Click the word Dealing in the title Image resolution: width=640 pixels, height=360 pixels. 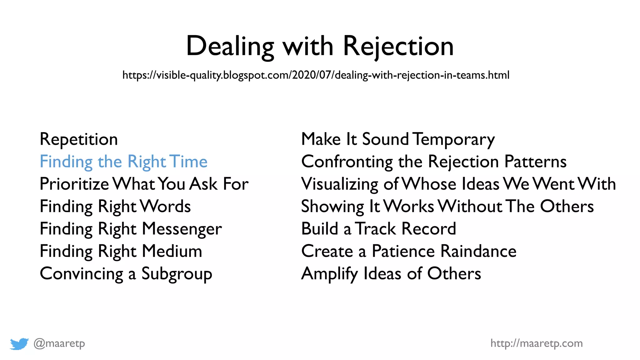click(x=230, y=46)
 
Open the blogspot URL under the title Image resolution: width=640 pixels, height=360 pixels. click(x=316, y=75)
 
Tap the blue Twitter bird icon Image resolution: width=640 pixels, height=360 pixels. click(x=19, y=344)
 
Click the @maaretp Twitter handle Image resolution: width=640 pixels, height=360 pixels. click(x=59, y=343)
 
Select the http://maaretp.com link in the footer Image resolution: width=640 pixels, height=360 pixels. click(x=536, y=343)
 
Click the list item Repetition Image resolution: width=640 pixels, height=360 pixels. click(x=79, y=139)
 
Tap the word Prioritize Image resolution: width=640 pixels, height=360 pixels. click(x=74, y=184)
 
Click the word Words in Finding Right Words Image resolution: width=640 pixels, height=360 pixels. click(x=165, y=207)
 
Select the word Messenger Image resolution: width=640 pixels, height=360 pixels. click(x=182, y=229)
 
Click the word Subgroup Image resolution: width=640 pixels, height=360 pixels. click(x=177, y=274)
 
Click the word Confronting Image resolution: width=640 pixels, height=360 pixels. click(x=347, y=162)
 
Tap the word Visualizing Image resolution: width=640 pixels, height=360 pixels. click(x=340, y=184)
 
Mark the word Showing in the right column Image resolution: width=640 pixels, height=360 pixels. click(x=332, y=207)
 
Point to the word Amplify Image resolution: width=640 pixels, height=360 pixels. click(x=329, y=274)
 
